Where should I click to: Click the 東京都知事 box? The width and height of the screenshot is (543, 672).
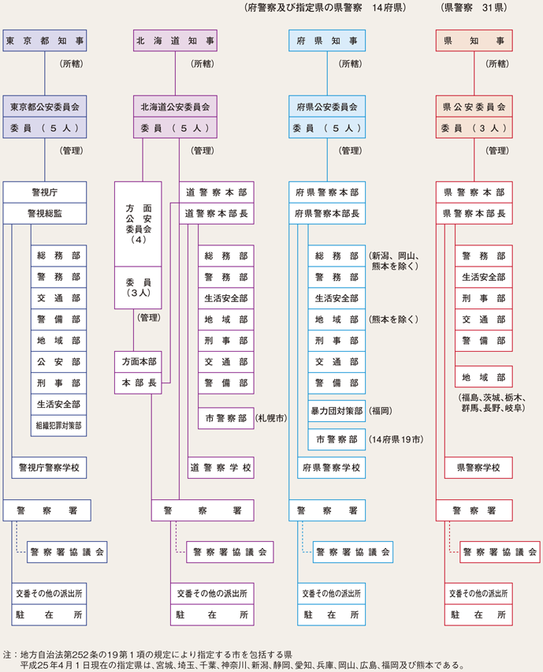coord(44,41)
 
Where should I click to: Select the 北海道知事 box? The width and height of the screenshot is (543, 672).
coord(174,41)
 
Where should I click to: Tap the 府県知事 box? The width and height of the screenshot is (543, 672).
coord(326,41)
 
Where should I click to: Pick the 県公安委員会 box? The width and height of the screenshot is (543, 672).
coord(474,106)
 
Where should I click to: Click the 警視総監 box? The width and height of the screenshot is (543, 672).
coord(44,213)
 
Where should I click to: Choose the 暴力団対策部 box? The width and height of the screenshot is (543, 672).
coord(337,411)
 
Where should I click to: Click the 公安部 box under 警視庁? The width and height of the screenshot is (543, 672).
coord(58,361)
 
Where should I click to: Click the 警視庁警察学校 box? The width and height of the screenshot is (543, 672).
coord(49,468)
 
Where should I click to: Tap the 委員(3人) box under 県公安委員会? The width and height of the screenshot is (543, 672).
coord(474,127)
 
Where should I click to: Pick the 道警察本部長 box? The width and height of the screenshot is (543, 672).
coord(216,213)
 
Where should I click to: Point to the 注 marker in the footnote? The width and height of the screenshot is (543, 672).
coord(8,653)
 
